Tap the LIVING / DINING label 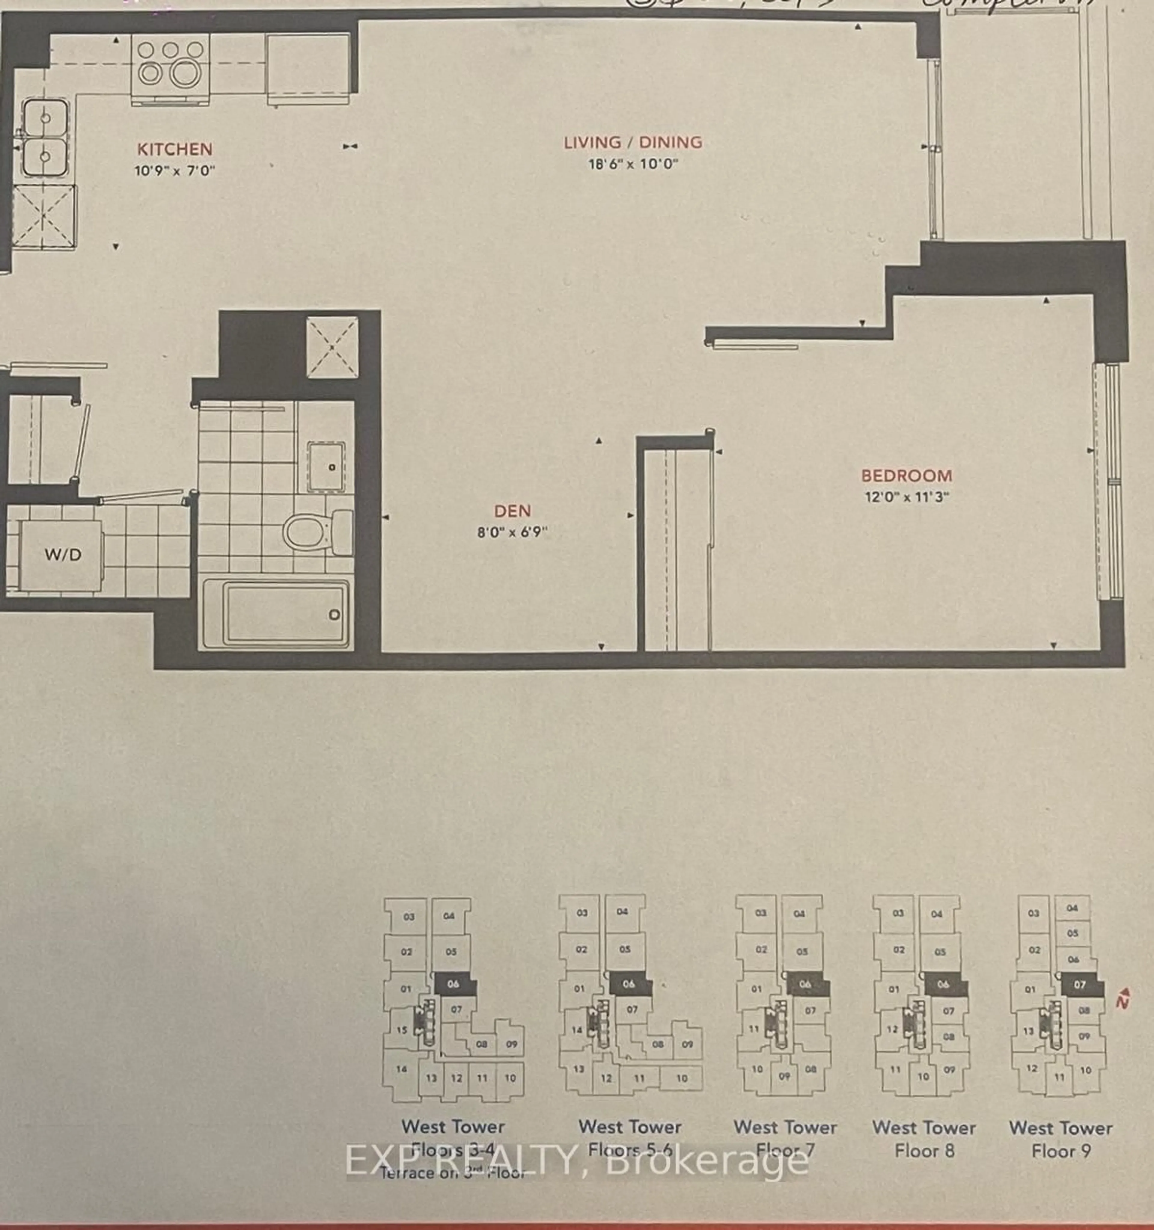coord(633,142)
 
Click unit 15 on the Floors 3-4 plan coord(402,1030)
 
